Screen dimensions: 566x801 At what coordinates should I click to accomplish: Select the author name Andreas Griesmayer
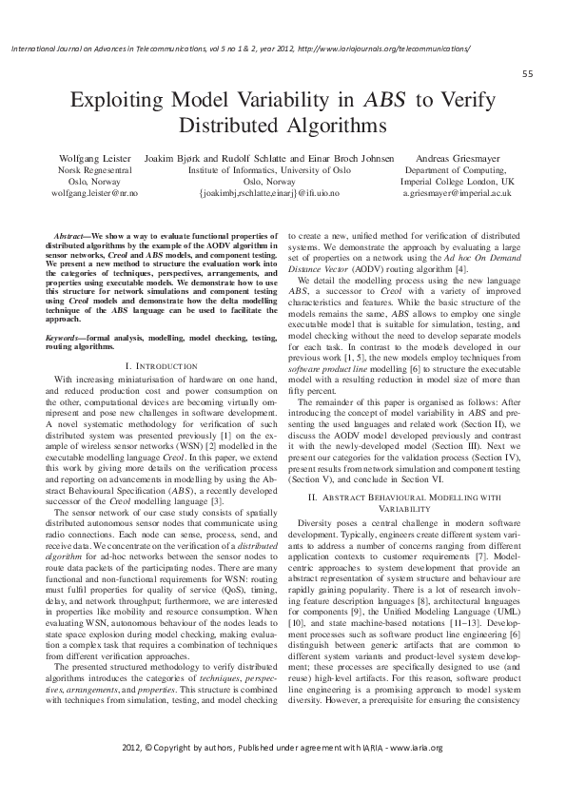tap(457, 156)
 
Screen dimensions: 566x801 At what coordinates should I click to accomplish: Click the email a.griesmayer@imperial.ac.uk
tap(457, 191)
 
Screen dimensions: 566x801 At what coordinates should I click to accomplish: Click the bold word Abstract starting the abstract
tap(73, 234)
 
